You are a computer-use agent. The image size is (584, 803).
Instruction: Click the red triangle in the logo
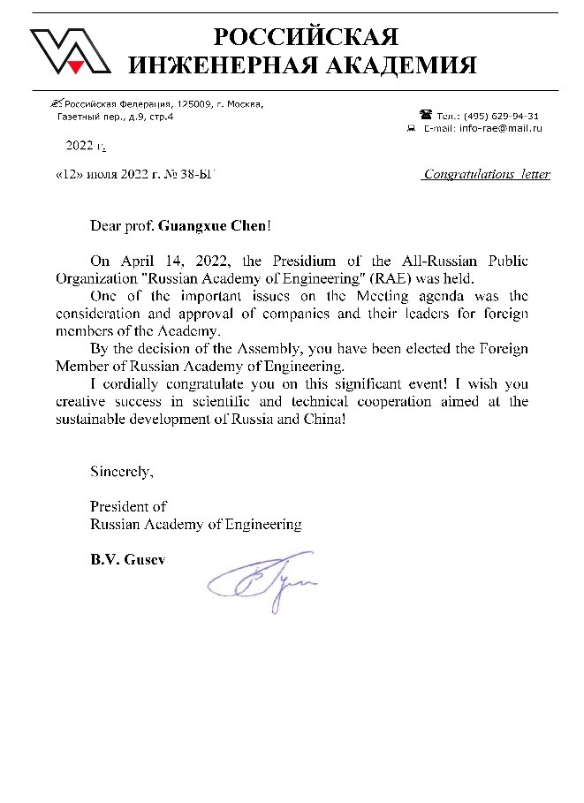(x=77, y=65)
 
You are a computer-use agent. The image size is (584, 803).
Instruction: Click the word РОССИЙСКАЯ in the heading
(x=307, y=37)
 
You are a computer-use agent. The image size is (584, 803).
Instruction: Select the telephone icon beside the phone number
(x=426, y=115)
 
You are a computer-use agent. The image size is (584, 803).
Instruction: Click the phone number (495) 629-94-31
(x=502, y=116)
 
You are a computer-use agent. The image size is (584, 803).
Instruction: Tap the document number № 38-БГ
(x=194, y=174)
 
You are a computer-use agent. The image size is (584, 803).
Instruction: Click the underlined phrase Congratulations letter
(x=486, y=174)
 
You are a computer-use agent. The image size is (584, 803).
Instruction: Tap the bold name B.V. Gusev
(x=127, y=558)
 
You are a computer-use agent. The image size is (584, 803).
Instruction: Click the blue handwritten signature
(x=262, y=580)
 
